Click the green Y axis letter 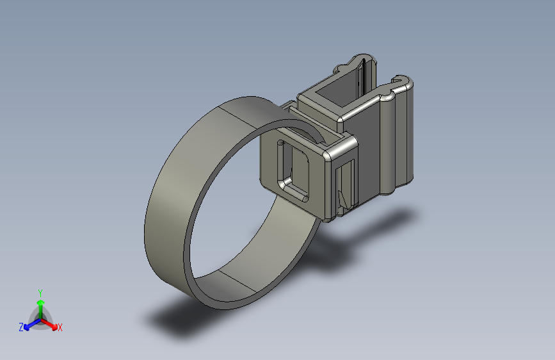pos(40,291)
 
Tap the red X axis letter pos(60,327)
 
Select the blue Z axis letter pos(21,327)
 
